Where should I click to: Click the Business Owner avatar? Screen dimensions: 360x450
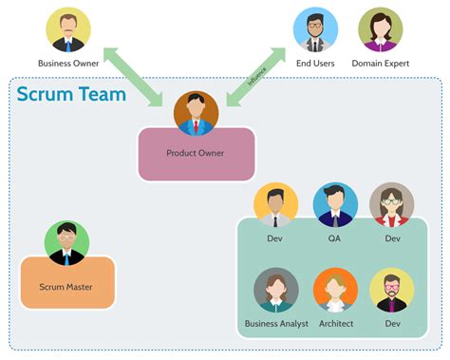pyautogui.click(x=68, y=29)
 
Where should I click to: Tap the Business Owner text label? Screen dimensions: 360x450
pyautogui.click(x=68, y=64)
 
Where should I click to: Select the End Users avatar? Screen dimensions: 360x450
pyautogui.click(x=316, y=29)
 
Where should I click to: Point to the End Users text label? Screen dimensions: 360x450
pyautogui.click(x=316, y=64)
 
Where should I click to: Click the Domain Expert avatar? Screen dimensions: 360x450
pyautogui.click(x=381, y=29)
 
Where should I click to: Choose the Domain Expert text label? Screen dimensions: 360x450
pyautogui.click(x=381, y=64)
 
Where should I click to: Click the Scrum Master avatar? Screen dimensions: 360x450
pyautogui.click(x=66, y=243)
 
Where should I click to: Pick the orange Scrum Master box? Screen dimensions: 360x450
pyautogui.click(x=66, y=283)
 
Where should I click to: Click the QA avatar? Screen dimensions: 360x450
pyautogui.click(x=335, y=205)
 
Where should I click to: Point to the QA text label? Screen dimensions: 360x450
pyautogui.click(x=335, y=238)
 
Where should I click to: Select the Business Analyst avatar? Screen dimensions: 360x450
pyautogui.click(x=276, y=291)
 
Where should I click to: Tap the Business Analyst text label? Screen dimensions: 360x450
pyautogui.click(x=276, y=324)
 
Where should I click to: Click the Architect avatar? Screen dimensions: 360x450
pyautogui.click(x=335, y=291)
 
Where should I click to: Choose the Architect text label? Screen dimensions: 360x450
pyautogui.click(x=335, y=324)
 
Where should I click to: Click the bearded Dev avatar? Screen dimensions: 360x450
pyautogui.click(x=391, y=291)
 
